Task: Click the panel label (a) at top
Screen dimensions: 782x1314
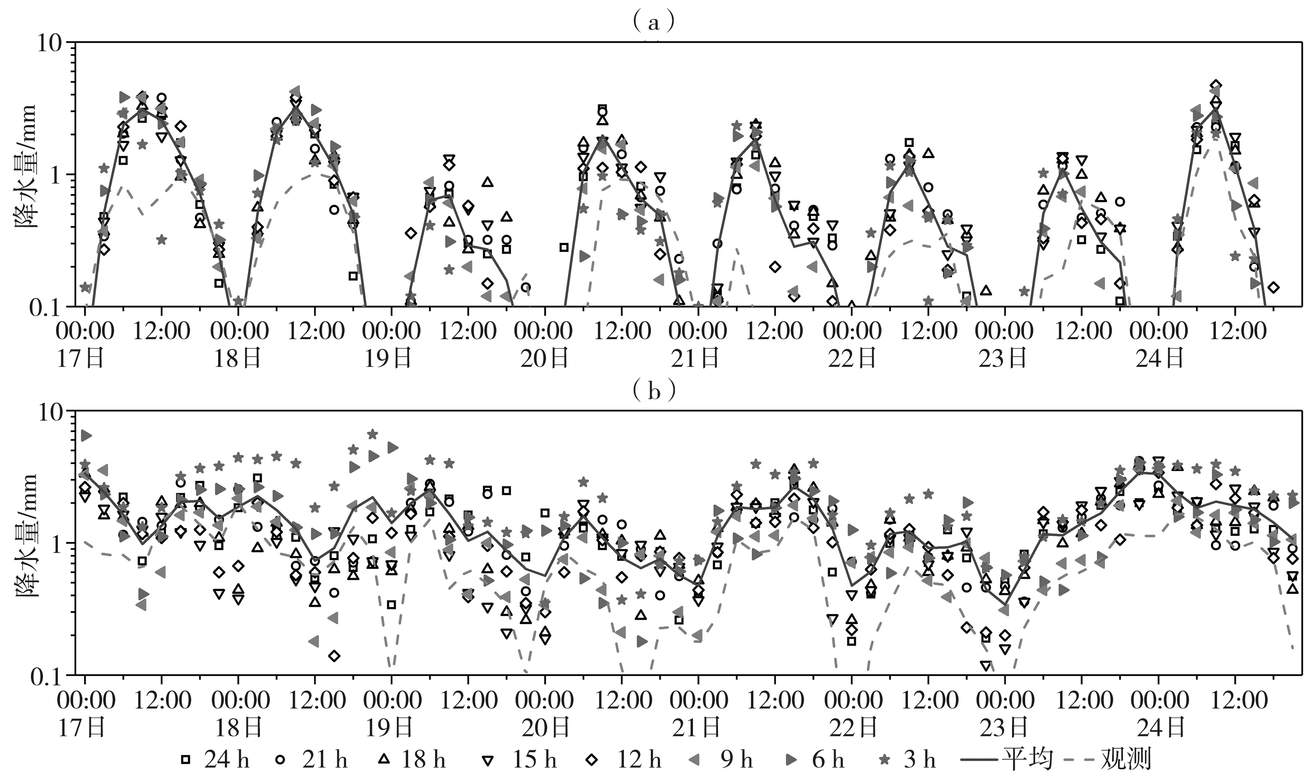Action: pyautogui.click(x=654, y=23)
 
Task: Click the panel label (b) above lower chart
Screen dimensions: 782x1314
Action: pyautogui.click(x=654, y=391)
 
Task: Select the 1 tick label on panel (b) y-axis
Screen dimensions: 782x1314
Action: pyautogui.click(x=60, y=544)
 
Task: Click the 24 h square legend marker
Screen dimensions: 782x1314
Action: pyautogui.click(x=186, y=759)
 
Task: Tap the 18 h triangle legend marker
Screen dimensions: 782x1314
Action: pyautogui.click(x=384, y=759)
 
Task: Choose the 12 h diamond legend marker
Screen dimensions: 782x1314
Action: pyautogui.click(x=593, y=759)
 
